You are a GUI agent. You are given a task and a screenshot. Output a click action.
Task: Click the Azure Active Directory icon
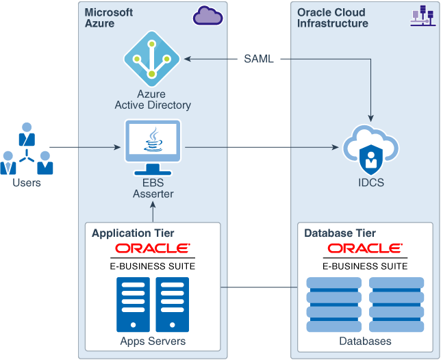151,59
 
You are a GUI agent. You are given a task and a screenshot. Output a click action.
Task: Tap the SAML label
259,59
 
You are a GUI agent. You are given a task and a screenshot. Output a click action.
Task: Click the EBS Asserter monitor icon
153,147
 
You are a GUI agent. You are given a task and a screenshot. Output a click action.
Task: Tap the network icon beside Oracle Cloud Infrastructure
423,16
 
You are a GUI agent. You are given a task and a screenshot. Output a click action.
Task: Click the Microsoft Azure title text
109,18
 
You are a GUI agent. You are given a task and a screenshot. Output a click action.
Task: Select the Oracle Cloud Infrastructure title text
333,18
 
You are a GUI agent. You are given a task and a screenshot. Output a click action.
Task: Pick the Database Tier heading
340,233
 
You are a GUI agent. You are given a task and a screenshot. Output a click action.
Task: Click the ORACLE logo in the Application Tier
153,248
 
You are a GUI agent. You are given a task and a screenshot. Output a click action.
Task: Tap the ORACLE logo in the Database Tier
365,248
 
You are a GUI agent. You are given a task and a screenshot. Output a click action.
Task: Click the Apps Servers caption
153,341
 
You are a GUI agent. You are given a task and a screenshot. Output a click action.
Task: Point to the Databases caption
365,341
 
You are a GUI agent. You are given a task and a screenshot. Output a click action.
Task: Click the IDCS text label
370,183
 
